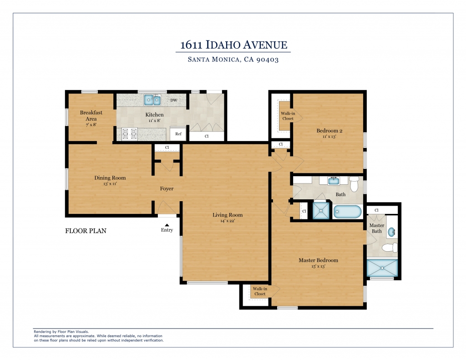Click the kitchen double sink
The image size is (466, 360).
(x=152, y=100)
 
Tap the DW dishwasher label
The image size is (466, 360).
(x=173, y=100)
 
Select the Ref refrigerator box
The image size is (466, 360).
(x=178, y=133)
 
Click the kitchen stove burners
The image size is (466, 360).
(x=130, y=133)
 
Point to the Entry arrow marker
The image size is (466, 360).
(x=167, y=225)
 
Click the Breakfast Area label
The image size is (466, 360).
(x=91, y=115)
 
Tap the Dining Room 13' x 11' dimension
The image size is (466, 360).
(x=110, y=184)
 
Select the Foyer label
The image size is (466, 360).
(x=167, y=188)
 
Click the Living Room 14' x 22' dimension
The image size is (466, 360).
(x=228, y=221)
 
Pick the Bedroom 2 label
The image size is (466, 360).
(x=329, y=131)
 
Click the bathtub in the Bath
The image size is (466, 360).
(x=347, y=212)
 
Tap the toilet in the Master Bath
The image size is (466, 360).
(x=390, y=247)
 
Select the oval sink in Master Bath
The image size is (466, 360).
(x=392, y=232)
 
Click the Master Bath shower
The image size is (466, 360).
(x=382, y=268)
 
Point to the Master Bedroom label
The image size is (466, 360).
(x=318, y=260)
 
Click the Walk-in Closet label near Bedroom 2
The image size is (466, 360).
(x=288, y=116)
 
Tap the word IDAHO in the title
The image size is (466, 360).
(x=223, y=45)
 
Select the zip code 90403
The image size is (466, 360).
(x=268, y=60)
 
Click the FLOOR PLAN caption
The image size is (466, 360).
(x=86, y=231)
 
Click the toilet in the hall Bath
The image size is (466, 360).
(x=354, y=184)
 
